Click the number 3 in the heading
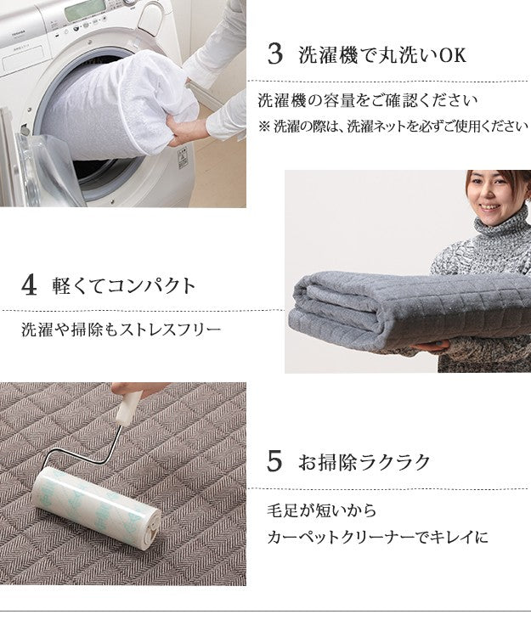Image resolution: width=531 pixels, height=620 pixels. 274,55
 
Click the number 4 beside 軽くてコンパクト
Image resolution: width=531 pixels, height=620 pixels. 30,285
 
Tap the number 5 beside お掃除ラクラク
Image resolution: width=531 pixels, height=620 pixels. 274,462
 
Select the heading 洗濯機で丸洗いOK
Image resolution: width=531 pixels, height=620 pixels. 382,56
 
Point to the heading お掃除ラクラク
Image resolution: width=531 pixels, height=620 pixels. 364,463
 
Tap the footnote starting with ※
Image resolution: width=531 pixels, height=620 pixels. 393,126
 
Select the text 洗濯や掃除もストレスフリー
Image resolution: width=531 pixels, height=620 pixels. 121,329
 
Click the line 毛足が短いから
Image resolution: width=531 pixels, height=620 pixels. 321,511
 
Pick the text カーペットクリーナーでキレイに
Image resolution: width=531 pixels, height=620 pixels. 377,538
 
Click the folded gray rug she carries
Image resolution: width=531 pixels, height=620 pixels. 399,310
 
